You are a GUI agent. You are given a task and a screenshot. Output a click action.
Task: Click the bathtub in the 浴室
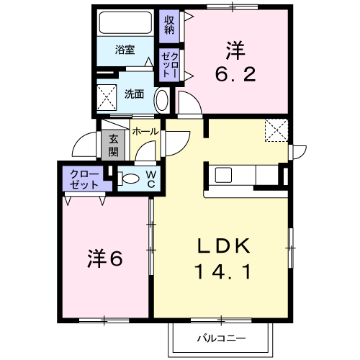pyautogui.click(x=125, y=23)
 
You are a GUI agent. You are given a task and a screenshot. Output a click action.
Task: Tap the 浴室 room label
pyautogui.click(x=125, y=50)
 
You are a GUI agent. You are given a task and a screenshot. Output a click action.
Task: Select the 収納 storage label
pyautogui.click(x=169, y=25)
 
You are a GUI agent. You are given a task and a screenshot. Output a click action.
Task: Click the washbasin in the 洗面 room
pyautogui.click(x=162, y=100)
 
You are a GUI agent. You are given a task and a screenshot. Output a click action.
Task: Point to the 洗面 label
pyautogui.click(x=134, y=94)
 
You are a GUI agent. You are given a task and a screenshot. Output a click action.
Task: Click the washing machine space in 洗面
pyautogui.click(x=107, y=97)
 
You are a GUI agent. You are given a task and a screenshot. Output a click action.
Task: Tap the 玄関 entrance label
pyautogui.click(x=113, y=145)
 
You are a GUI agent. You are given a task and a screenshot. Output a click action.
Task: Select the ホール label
pyautogui.click(x=145, y=132)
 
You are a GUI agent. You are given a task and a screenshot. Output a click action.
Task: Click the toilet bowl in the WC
pyautogui.click(x=128, y=179)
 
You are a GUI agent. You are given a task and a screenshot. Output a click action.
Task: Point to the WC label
pyautogui.click(x=151, y=179)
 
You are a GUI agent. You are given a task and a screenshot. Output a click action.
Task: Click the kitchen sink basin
pyautogui.click(x=223, y=174)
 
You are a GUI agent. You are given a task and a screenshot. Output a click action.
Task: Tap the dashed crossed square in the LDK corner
pyautogui.click(x=276, y=130)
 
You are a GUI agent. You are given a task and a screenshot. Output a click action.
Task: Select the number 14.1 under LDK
pyautogui.click(x=224, y=271)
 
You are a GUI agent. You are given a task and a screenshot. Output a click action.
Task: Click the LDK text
pyautogui.click(x=224, y=246)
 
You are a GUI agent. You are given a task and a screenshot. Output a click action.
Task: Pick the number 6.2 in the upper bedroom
pyautogui.click(x=235, y=74)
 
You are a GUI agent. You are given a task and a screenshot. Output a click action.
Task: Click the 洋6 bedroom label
pyautogui.click(x=105, y=259)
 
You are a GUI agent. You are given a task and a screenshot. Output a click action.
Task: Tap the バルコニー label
pyautogui.click(x=221, y=338)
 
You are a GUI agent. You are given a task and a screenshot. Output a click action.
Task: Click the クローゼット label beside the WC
pyautogui.click(x=84, y=179)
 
